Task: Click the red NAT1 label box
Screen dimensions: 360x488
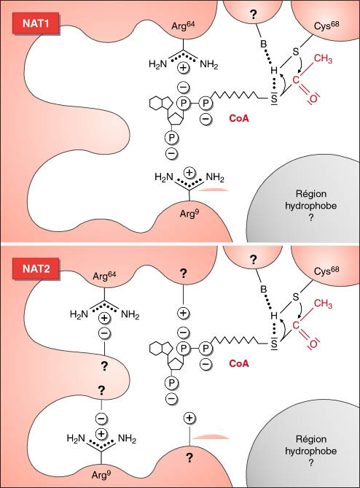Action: (36, 23)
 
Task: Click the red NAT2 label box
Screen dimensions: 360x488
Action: (36, 268)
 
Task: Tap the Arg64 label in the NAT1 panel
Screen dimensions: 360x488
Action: (183, 26)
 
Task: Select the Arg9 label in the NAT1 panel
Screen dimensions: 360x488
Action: (189, 214)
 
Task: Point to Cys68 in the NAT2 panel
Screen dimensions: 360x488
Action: (326, 271)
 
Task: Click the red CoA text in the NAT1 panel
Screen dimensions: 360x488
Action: (239, 118)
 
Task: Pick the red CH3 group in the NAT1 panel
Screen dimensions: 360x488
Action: (323, 59)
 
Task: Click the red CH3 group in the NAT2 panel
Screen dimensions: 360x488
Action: (323, 303)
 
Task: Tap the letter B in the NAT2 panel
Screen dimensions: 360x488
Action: (263, 289)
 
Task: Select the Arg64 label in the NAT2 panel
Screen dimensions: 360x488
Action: (104, 276)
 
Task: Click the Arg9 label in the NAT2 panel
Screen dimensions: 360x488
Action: (101, 476)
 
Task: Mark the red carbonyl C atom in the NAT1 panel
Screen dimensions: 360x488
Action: (296, 80)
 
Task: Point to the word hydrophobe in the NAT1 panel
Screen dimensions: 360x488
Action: (311, 206)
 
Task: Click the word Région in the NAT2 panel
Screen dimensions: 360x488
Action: (311, 439)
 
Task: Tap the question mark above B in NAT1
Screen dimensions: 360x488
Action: (254, 15)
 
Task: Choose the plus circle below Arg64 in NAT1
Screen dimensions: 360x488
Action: (184, 68)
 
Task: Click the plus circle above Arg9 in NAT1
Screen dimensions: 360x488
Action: (189, 172)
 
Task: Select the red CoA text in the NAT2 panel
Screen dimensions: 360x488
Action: (239, 363)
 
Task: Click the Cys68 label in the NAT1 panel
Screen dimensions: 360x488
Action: (326, 26)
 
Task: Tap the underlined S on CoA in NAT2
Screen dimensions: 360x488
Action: (274, 344)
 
